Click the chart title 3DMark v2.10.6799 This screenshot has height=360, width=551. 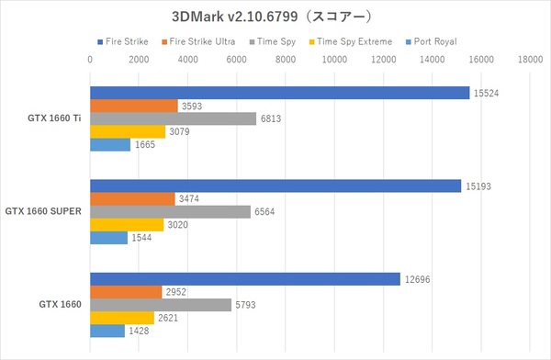point(275,16)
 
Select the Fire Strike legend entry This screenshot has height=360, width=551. point(132,42)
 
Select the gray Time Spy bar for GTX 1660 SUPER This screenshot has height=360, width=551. point(170,211)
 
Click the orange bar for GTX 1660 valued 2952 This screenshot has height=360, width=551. point(126,291)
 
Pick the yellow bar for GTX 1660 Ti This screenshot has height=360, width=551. point(127,131)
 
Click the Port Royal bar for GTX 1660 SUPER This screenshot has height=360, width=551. point(108,237)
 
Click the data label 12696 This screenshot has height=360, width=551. point(415,278)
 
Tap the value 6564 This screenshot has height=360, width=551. point(264,211)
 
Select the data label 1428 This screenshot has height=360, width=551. point(139,331)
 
